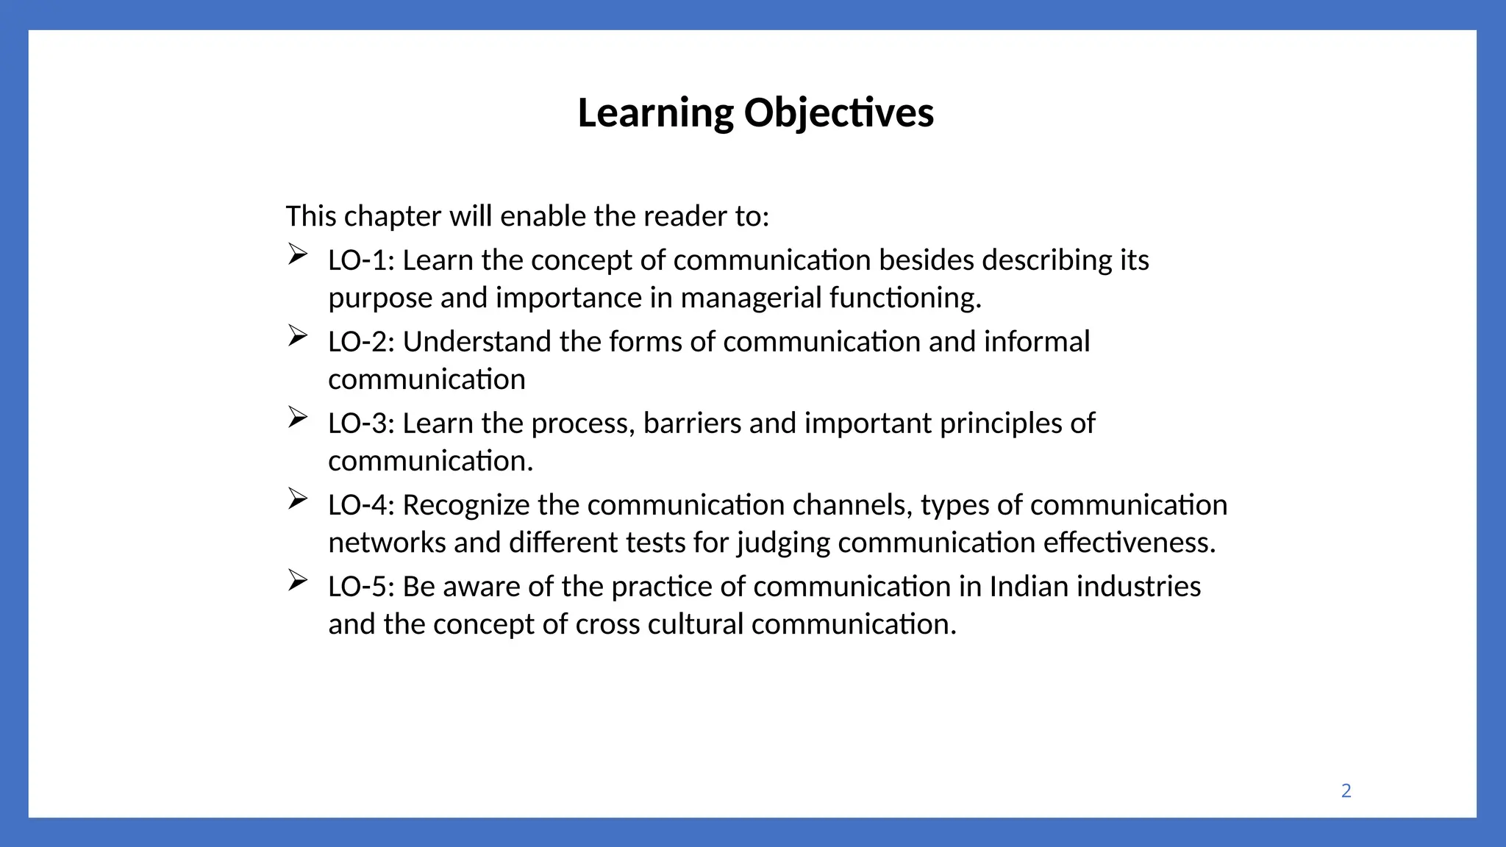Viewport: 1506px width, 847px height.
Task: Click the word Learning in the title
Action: (x=655, y=114)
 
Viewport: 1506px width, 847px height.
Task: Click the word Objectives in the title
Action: (x=838, y=114)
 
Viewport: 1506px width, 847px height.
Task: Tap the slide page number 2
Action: (x=1346, y=790)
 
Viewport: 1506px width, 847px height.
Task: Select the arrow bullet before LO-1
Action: (x=297, y=254)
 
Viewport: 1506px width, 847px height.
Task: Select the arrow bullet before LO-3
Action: (x=297, y=418)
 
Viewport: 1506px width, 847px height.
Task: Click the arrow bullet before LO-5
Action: (x=297, y=581)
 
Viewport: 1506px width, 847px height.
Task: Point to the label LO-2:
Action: (x=361, y=342)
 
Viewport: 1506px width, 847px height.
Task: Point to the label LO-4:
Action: (x=361, y=505)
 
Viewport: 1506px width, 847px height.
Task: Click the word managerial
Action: (x=751, y=298)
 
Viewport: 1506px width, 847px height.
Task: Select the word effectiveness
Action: (x=1129, y=543)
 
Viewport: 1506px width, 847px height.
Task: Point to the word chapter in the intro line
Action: (x=393, y=217)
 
